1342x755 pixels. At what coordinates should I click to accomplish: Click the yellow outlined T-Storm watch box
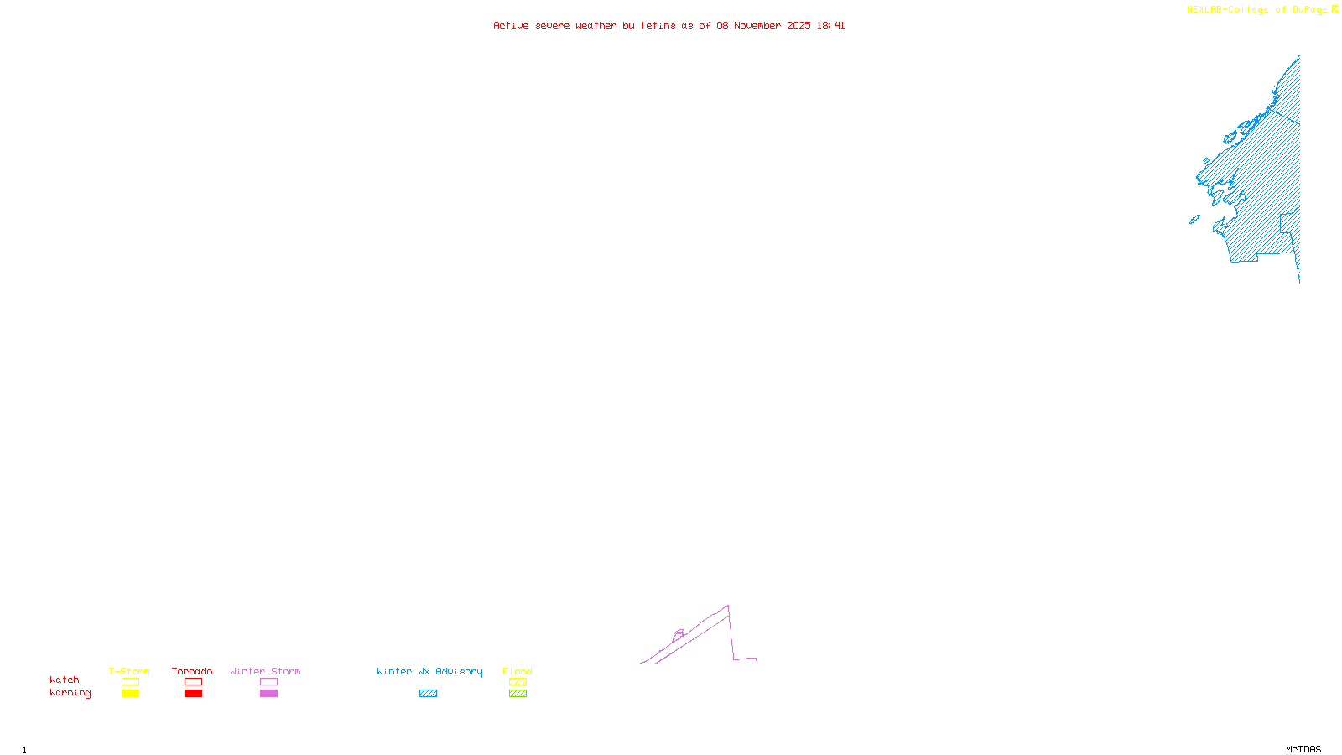pyautogui.click(x=130, y=682)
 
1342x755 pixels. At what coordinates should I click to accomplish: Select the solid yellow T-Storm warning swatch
pyautogui.click(x=130, y=694)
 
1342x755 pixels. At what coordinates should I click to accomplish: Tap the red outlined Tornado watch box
pyautogui.click(x=193, y=682)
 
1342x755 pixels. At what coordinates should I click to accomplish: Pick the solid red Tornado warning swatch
pyautogui.click(x=193, y=694)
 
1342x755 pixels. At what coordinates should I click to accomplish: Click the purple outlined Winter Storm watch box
pyautogui.click(x=268, y=682)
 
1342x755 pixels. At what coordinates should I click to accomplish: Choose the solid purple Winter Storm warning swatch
pyautogui.click(x=268, y=694)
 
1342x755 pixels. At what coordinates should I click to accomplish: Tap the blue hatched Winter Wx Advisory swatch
pyautogui.click(x=428, y=694)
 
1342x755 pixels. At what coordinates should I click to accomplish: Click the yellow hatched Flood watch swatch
pyautogui.click(x=518, y=682)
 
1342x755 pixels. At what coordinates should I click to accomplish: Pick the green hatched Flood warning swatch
pyautogui.click(x=518, y=694)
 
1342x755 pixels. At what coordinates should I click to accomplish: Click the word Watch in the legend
pyautogui.click(x=65, y=680)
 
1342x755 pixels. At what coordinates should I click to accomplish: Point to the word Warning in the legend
pyautogui.click(x=70, y=693)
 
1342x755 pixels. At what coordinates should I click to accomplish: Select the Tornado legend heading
pyautogui.click(x=192, y=671)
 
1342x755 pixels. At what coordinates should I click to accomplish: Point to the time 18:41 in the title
pyautogui.click(x=830, y=26)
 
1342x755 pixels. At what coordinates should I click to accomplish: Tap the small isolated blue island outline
pyautogui.click(x=1194, y=220)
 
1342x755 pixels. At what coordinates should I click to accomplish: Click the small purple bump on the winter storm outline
pyautogui.click(x=679, y=634)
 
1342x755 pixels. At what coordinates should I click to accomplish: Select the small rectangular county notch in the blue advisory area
pyautogui.click(x=1288, y=223)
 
